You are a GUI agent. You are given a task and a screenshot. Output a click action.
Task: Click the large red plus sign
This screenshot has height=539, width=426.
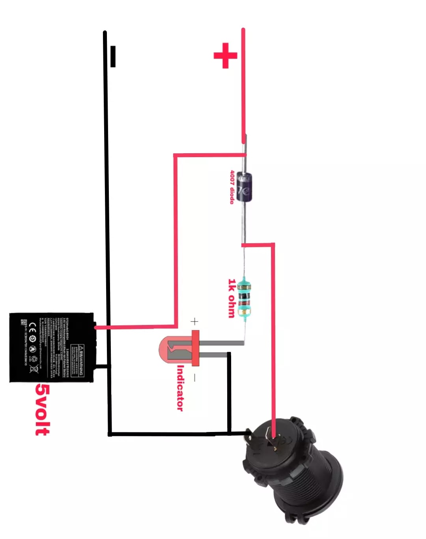[225, 55]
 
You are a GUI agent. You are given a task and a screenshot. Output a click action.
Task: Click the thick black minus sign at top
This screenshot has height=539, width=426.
[113, 56]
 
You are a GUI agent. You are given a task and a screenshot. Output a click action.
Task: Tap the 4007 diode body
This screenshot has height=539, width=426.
[245, 188]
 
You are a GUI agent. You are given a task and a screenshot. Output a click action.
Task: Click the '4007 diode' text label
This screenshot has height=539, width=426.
[233, 187]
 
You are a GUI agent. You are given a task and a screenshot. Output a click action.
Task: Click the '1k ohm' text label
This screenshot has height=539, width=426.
[232, 298]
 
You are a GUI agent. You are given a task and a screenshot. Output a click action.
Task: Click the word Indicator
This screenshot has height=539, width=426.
[180, 388]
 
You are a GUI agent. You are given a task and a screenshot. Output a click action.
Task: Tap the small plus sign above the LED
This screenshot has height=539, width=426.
[194, 321]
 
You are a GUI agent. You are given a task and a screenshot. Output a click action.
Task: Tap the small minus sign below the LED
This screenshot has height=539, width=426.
[194, 378]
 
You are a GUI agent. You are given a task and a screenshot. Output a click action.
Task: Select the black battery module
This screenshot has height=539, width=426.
[51, 347]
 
